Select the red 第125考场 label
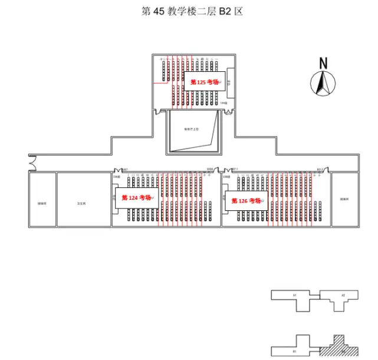click(203, 82)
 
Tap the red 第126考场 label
click(246, 201)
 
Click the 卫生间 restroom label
click(81, 203)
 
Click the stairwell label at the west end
click(41, 203)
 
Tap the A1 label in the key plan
click(293, 295)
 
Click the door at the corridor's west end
click(33, 160)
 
